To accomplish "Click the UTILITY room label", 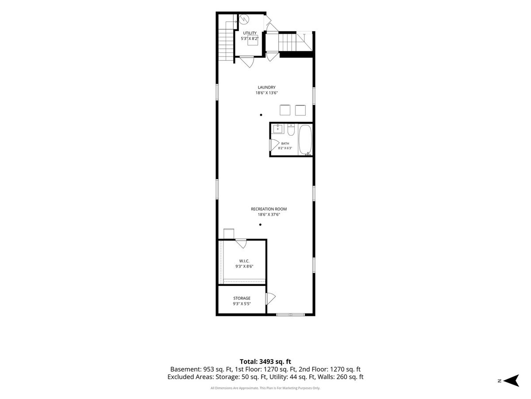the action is click(250, 33).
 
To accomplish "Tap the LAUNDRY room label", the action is click(266, 87).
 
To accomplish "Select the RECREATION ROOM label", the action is click(269, 209).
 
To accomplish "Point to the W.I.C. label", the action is click(244, 261).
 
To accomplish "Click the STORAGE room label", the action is click(242, 298).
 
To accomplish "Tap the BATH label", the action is click(285, 143).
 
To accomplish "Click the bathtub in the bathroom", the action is click(305, 140).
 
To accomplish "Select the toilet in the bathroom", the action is click(291, 130).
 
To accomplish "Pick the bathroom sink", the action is click(278, 129).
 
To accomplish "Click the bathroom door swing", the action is click(274, 145).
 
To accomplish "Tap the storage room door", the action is click(270, 299).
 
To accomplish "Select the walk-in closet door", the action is click(241, 243).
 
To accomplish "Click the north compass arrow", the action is click(512, 380).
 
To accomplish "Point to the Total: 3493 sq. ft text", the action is click(265, 362).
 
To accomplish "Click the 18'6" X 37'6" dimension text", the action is click(269, 215).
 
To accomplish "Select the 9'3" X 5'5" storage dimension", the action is click(242, 304).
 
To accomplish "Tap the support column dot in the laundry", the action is click(261, 115).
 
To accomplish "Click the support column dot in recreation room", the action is click(260, 225).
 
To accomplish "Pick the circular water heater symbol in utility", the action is click(244, 19).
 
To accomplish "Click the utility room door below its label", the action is click(247, 62).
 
